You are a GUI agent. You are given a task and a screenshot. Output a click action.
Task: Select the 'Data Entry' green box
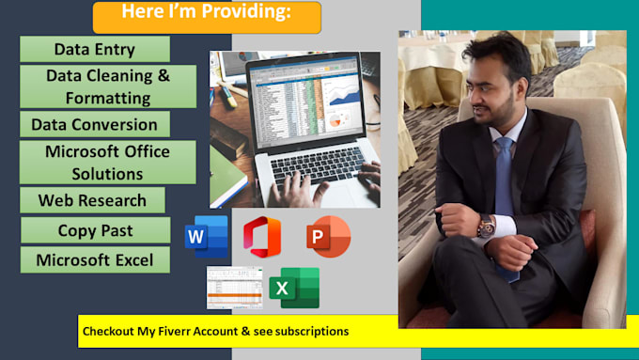[94, 50]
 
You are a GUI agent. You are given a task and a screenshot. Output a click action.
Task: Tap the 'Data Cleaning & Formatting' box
[108, 86]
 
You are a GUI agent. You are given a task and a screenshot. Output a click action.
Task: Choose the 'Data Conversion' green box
[94, 124]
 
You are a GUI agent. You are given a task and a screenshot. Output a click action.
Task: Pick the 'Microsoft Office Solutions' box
[108, 162]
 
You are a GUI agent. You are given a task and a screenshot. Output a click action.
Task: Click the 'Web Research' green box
[92, 200]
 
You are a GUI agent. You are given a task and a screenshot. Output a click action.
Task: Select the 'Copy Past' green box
[95, 230]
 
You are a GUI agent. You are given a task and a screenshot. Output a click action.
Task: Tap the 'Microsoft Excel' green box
[94, 259]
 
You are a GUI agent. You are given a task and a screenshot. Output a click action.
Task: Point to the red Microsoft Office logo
[262, 237]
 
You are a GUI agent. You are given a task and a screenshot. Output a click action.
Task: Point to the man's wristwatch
[485, 226]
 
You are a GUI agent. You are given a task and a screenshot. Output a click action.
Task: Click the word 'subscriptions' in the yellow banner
[310, 331]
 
